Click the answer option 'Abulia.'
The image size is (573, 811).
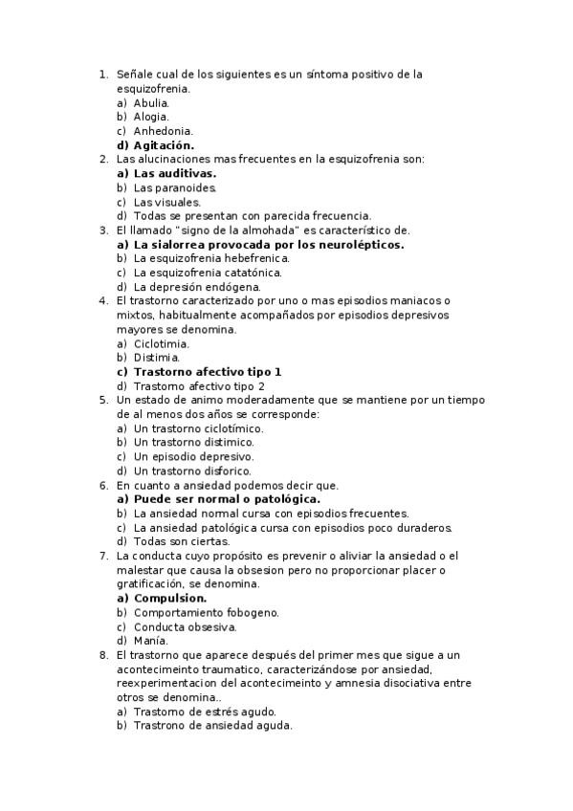pyautogui.click(x=151, y=102)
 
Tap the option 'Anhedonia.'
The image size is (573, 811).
pyautogui.click(x=164, y=131)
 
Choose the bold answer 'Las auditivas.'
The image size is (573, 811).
pyautogui.click(x=174, y=174)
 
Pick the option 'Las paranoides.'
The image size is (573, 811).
pyautogui.click(x=175, y=188)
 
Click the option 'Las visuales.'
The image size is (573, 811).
pyautogui.click(x=166, y=203)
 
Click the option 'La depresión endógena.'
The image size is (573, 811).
pyautogui.click(x=197, y=287)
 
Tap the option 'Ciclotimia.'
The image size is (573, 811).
pyautogui.click(x=161, y=343)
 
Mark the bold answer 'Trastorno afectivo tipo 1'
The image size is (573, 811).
pyautogui.click(x=208, y=371)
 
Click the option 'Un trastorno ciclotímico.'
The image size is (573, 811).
pyautogui.click(x=198, y=428)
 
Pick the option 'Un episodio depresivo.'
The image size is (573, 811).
pyautogui.click(x=192, y=456)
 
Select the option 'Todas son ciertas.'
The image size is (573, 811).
pyautogui.click(x=181, y=541)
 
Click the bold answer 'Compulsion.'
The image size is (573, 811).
pyautogui.click(x=169, y=598)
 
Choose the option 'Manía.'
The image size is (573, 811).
pyautogui.click(x=150, y=641)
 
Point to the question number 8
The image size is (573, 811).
pyautogui.click(x=102, y=655)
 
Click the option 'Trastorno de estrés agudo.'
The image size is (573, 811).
pyautogui.click(x=205, y=712)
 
